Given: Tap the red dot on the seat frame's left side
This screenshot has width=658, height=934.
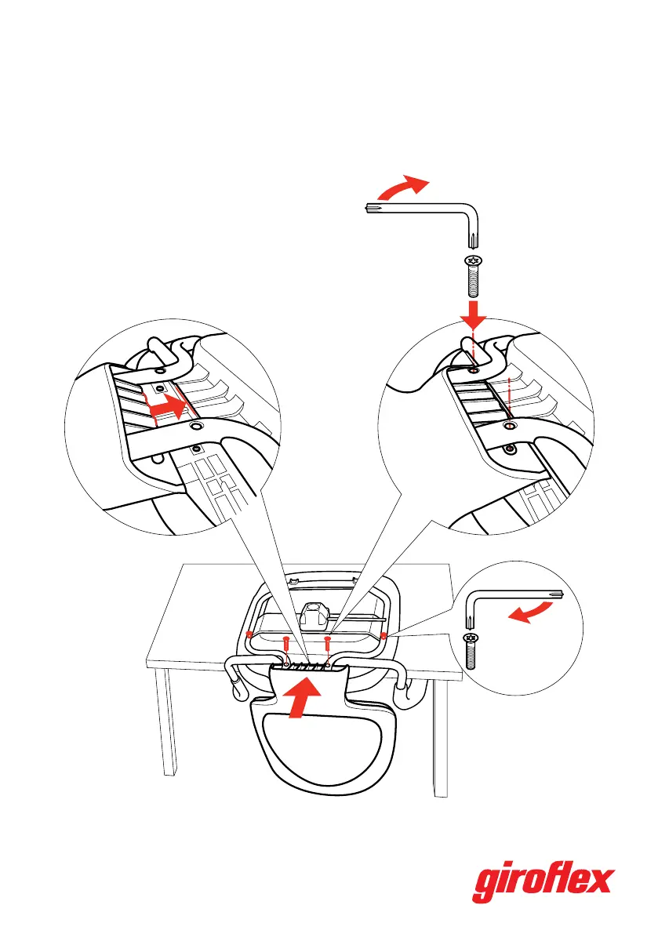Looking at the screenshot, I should [x=249, y=634].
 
